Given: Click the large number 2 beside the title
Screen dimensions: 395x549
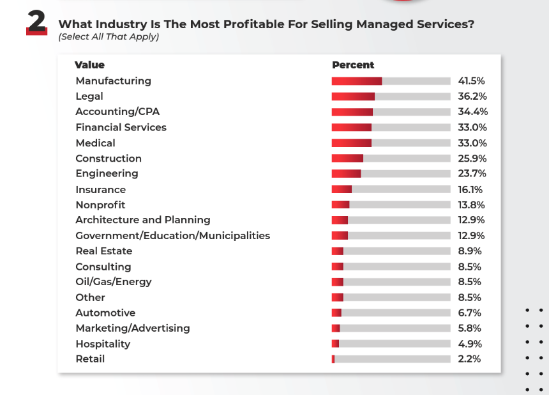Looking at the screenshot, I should click(x=36, y=23).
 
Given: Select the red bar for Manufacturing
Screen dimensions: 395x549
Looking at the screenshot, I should click(x=356, y=81).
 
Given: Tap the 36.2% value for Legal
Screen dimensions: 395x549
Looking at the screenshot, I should click(x=472, y=97).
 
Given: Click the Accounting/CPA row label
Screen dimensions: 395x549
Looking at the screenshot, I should click(x=117, y=112).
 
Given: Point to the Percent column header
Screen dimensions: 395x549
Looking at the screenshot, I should click(x=353, y=65).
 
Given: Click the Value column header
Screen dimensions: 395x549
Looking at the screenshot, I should click(x=89, y=65).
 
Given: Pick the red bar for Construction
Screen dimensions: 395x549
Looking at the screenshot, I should click(x=347, y=159).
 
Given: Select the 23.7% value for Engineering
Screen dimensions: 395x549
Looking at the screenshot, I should click(x=472, y=174).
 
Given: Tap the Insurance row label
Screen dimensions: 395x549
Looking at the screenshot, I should click(x=100, y=190).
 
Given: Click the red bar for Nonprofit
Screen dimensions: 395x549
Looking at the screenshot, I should click(x=340, y=205).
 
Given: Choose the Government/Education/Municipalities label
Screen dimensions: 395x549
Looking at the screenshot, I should click(x=172, y=236).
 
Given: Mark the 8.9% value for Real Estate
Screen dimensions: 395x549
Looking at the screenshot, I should click(x=469, y=251).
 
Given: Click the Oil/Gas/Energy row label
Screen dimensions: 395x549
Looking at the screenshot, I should click(x=113, y=282).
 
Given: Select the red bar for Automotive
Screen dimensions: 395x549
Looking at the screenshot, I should click(x=336, y=313).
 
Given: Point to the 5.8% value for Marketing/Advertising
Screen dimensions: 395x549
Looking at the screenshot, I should click(x=469, y=329).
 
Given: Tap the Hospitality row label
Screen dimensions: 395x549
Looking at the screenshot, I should click(x=102, y=344).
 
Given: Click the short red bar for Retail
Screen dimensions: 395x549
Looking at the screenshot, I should click(x=333, y=359).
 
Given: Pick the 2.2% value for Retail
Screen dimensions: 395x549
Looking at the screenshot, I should click(x=469, y=359).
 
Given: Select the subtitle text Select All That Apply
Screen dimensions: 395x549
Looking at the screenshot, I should click(x=109, y=37).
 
